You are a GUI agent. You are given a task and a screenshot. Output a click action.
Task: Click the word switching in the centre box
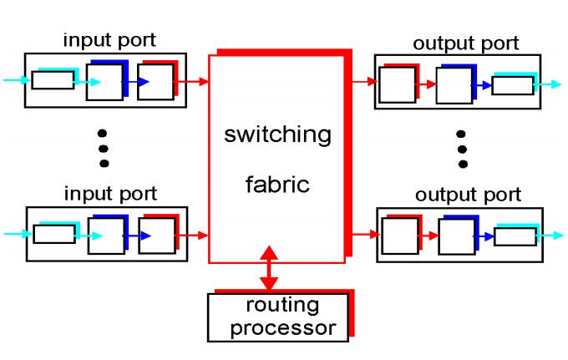[x=278, y=134]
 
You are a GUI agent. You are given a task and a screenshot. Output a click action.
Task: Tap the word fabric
[x=278, y=185]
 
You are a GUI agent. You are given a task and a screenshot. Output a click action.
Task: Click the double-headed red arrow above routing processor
[x=269, y=268]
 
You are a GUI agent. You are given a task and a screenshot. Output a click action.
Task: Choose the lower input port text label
[x=109, y=194]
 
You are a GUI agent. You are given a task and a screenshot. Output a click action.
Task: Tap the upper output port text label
[x=466, y=43]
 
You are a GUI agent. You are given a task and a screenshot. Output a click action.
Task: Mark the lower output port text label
[x=466, y=195]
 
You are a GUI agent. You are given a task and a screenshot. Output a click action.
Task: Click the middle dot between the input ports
[x=104, y=148]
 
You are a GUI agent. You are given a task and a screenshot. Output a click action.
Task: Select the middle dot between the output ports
[x=461, y=149]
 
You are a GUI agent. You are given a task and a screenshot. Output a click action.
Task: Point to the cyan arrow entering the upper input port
[x=15, y=81]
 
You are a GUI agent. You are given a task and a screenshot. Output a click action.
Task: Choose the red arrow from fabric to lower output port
[x=363, y=236]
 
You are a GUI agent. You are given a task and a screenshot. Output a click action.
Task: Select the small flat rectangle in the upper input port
[x=53, y=81]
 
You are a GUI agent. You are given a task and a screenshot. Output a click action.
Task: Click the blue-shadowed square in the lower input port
[x=105, y=236]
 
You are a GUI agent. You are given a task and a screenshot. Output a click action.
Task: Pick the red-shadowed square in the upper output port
[x=398, y=84]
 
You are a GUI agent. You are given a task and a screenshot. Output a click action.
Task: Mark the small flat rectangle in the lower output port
[x=514, y=236]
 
